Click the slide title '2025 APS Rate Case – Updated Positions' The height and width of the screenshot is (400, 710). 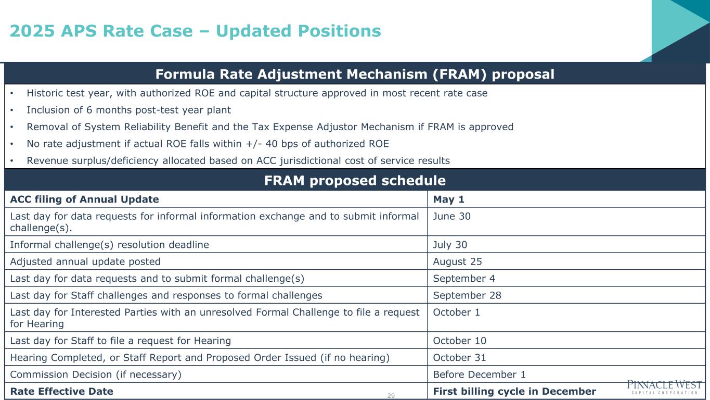[195, 31]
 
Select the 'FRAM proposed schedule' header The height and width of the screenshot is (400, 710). [355, 180]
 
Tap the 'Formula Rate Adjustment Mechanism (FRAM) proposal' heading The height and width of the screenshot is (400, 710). [355, 74]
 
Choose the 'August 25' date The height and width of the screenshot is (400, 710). [457, 261]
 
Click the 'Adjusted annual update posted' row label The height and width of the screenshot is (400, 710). [85, 261]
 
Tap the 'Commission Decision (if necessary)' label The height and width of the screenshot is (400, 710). [96, 374]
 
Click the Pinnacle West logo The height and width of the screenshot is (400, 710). [664, 387]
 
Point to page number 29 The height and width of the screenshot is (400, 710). [391, 395]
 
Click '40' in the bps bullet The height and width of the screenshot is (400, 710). [272, 144]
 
